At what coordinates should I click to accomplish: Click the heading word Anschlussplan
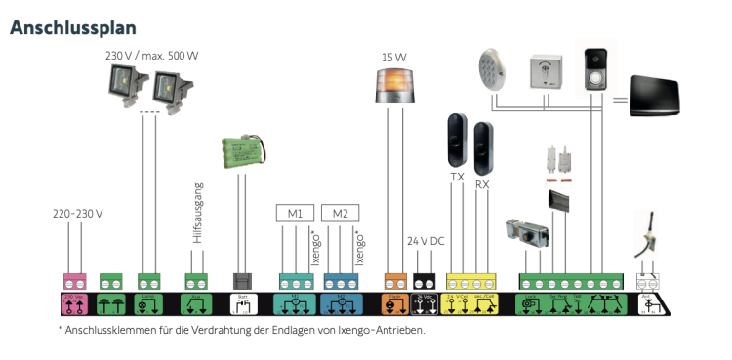(73, 26)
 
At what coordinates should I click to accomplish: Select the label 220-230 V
(77, 214)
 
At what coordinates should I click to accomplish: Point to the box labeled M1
(294, 214)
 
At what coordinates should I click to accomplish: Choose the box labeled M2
(340, 214)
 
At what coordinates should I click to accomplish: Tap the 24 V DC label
(425, 240)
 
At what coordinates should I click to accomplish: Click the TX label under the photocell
(457, 177)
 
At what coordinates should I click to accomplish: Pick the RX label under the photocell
(482, 184)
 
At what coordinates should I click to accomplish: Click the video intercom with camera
(594, 68)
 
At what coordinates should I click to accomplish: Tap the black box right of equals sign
(669, 99)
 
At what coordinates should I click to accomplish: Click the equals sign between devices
(621, 99)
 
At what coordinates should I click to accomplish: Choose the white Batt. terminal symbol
(245, 303)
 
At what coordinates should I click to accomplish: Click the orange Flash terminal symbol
(395, 303)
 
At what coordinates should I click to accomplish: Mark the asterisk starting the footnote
(61, 330)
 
